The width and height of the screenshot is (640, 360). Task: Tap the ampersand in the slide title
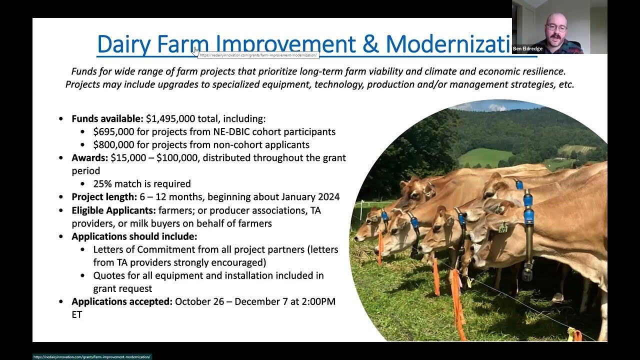click(370, 44)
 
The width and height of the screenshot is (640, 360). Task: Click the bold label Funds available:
click(107, 119)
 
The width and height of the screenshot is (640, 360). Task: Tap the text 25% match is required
click(142, 184)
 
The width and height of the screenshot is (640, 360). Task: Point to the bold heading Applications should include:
click(134, 236)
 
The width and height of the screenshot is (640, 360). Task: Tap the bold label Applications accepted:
click(121, 301)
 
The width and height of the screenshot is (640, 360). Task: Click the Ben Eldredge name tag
click(527, 49)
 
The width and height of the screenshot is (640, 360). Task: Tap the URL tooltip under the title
click(258, 55)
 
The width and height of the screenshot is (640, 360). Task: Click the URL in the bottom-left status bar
click(92, 357)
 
